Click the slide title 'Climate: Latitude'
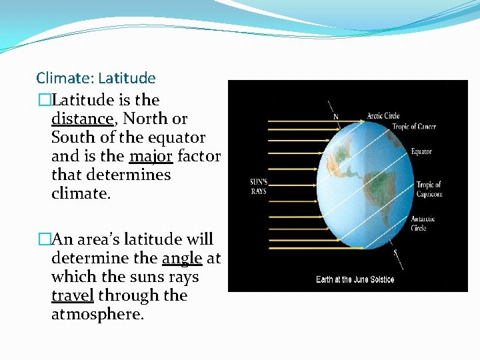coord(96,79)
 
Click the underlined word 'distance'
coord(83,119)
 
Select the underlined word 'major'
coord(151,157)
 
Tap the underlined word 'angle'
coord(182,258)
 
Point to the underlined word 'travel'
coord(73,295)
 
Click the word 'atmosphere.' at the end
coord(97,314)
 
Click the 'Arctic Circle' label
coord(383,116)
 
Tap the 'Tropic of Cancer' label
coord(413,127)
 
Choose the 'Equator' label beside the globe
coord(421,152)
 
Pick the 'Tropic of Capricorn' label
coord(429,189)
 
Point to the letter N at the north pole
coord(335,117)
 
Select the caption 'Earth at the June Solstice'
coord(355,279)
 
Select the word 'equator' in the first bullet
coord(177,138)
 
